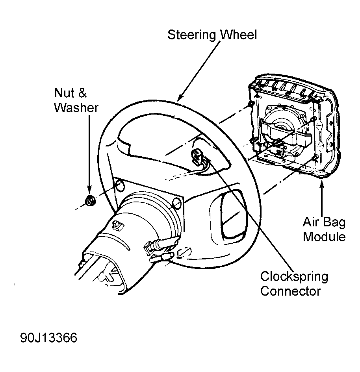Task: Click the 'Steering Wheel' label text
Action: (212, 35)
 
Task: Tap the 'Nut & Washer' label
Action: (76, 100)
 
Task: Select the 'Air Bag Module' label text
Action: (324, 229)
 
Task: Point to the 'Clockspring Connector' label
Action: (294, 284)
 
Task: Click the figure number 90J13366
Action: (49, 338)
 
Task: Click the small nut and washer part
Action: (90, 201)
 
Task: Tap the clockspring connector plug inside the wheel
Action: (198, 156)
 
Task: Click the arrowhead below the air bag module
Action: (322, 184)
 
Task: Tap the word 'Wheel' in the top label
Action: (239, 35)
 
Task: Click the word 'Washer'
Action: (76, 107)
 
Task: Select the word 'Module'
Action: (324, 237)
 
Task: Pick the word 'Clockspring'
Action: (294, 277)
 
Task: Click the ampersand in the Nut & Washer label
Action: (82, 93)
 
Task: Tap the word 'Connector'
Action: (290, 291)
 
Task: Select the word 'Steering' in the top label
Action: (191, 35)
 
